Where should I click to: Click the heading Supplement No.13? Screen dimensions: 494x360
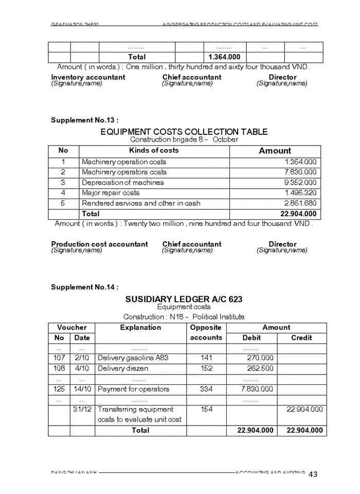pyautogui.click(x=84, y=120)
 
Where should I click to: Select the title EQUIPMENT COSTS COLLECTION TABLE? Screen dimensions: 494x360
pyautogui.click(x=184, y=132)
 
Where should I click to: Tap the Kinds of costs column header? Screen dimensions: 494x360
pyautogui.click(x=154, y=150)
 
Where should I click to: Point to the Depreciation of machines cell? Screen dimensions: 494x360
pyautogui.click(x=123, y=183)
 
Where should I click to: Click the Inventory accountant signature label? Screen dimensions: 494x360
pyautogui.click(x=88, y=77)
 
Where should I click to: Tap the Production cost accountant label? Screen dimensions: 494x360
pyautogui.click(x=99, y=244)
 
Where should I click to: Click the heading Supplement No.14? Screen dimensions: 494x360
pyautogui.click(x=84, y=287)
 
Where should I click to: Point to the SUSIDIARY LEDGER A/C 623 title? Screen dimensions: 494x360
pyautogui.click(x=184, y=299)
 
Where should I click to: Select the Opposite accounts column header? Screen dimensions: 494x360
pyautogui.click(x=206, y=332)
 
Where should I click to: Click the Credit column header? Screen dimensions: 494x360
pyautogui.click(x=301, y=338)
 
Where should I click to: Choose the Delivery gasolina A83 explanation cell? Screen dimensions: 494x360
pyautogui.click(x=133, y=358)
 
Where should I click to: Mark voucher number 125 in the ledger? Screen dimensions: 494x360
pyautogui.click(x=59, y=389)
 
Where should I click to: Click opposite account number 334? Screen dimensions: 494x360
pyautogui.click(x=206, y=389)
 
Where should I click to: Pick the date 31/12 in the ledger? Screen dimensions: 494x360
pyautogui.click(x=82, y=410)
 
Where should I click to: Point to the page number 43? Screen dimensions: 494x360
pyautogui.click(x=313, y=474)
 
